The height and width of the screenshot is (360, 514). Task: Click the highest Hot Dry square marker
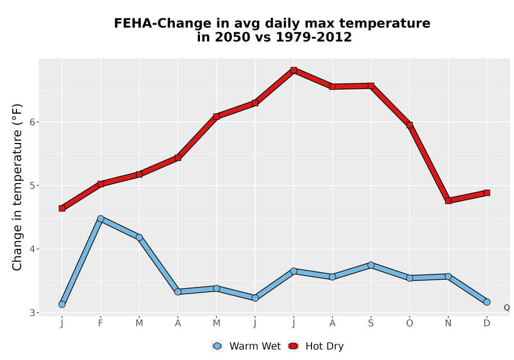pos(293,70)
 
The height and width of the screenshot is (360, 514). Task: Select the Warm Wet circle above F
pos(101,219)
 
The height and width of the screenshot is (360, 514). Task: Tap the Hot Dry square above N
pos(448,201)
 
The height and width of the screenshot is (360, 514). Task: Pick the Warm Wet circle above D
pos(487,302)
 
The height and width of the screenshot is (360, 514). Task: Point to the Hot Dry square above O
pos(410,125)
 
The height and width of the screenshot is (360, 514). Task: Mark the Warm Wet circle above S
pos(371,265)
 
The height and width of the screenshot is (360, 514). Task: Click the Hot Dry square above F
pos(101,184)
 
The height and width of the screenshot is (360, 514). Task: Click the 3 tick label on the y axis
pos(32,313)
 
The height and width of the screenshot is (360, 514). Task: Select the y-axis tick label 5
pos(32,186)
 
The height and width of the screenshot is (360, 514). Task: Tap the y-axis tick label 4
pos(32,249)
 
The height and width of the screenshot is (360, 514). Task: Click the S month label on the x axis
pos(371,323)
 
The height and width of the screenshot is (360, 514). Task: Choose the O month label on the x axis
pos(410,323)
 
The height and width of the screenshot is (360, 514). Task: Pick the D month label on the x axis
pos(487,323)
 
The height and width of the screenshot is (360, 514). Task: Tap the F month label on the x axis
pos(101,323)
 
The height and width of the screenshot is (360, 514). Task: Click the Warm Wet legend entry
pos(246,346)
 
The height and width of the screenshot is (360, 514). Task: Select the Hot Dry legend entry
pos(316,346)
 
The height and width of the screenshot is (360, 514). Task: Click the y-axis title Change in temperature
pos(17,188)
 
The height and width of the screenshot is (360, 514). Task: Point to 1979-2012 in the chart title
pos(314,37)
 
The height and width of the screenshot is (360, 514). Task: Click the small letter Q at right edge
pos(507,308)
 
